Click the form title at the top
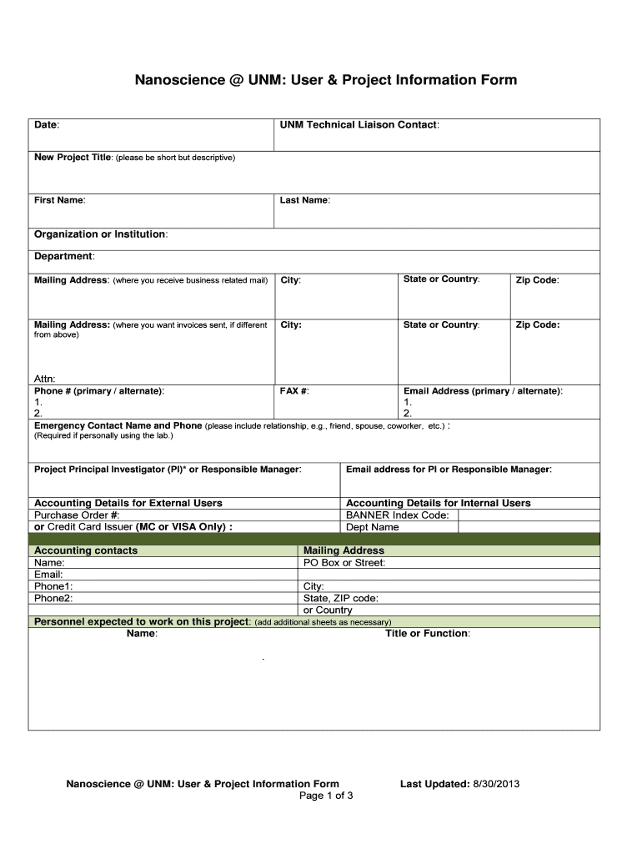tap(326, 80)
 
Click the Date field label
tap(46, 125)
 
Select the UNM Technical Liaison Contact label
tap(359, 125)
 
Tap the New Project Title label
tap(73, 158)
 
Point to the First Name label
tap(59, 200)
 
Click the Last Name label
tap(305, 200)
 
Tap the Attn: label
tap(45, 379)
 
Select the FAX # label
tap(295, 391)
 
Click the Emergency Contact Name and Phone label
tap(118, 425)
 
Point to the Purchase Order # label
tap(77, 515)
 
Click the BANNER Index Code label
tap(398, 515)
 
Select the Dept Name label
tap(373, 527)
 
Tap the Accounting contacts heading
tap(86, 550)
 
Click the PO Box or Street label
tap(344, 563)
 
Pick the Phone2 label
tap(53, 598)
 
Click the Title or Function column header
tap(427, 634)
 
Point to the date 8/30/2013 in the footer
tap(496, 784)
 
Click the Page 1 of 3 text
tap(326, 796)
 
